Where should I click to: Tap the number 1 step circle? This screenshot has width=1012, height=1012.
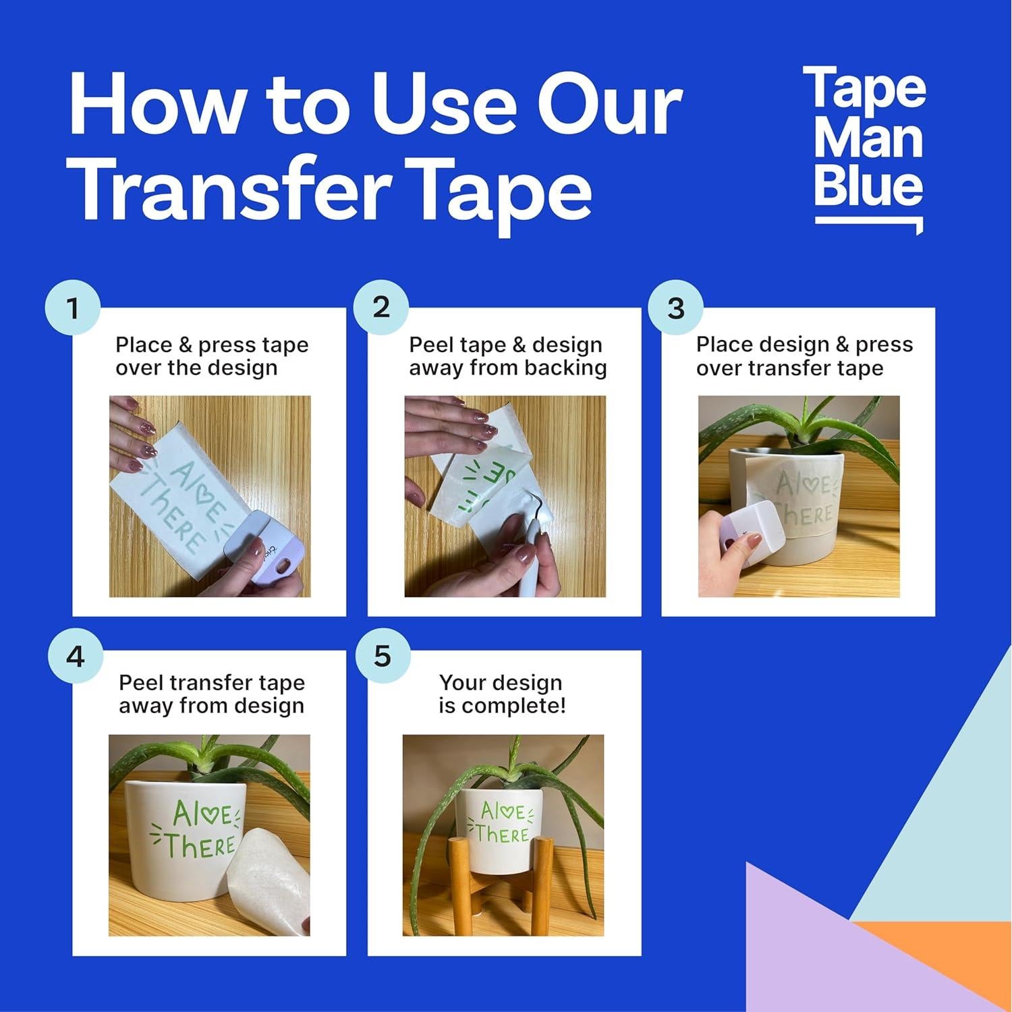tap(72, 308)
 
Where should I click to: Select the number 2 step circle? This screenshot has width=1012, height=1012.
tap(381, 307)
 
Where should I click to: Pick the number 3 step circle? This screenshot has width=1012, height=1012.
tap(675, 308)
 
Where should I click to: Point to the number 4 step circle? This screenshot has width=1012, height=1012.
tap(75, 656)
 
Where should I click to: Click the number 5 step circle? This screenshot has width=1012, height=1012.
tap(382, 656)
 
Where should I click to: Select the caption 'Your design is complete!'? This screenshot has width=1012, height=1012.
tap(501, 694)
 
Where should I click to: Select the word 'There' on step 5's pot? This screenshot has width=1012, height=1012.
tap(501, 835)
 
